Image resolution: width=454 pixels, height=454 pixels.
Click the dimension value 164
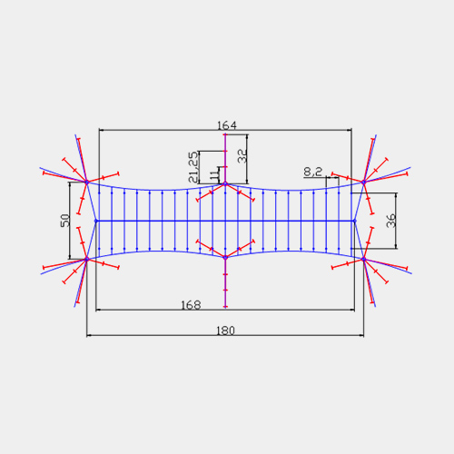click(227, 125)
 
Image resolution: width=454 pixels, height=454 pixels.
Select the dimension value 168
click(191, 305)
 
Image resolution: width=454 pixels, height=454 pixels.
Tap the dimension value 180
click(225, 331)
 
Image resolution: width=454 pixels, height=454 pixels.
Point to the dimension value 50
click(65, 221)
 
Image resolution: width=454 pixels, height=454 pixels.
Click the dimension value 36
click(391, 221)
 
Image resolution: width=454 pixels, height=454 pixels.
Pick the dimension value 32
click(242, 156)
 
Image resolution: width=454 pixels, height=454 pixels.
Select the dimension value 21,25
click(193, 167)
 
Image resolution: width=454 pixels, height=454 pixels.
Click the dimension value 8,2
click(313, 172)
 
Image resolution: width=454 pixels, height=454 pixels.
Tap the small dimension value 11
click(214, 175)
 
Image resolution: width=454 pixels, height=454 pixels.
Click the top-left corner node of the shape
click(87, 183)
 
